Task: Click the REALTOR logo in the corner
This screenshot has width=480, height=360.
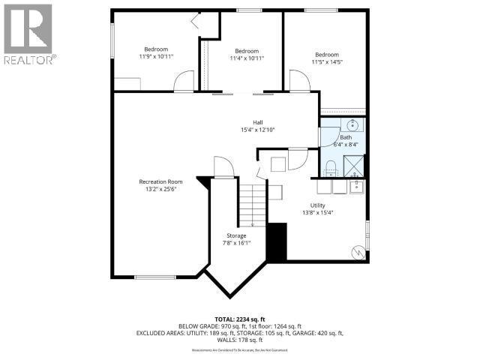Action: [28, 34]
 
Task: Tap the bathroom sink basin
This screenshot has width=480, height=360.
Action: [352, 125]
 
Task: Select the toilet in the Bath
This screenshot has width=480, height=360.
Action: [331, 165]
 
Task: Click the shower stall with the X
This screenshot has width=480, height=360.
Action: [352, 164]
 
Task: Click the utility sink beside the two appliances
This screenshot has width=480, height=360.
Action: [357, 185]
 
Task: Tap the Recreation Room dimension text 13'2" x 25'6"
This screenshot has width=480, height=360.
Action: [160, 190]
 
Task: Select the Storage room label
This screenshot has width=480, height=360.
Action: [237, 235]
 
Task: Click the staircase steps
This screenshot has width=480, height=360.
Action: [253, 203]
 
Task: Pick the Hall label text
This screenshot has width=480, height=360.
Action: [257, 122]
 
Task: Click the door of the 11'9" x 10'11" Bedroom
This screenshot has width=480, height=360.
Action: [183, 82]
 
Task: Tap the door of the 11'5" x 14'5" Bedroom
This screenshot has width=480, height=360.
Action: [299, 82]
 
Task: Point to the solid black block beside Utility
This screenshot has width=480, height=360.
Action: [277, 241]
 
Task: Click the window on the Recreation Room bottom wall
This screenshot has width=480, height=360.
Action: [154, 277]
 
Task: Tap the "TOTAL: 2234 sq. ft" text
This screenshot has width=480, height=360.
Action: [239, 319]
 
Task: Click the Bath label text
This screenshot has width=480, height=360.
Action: [345, 137]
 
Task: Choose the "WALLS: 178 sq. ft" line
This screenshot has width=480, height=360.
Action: [239, 340]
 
